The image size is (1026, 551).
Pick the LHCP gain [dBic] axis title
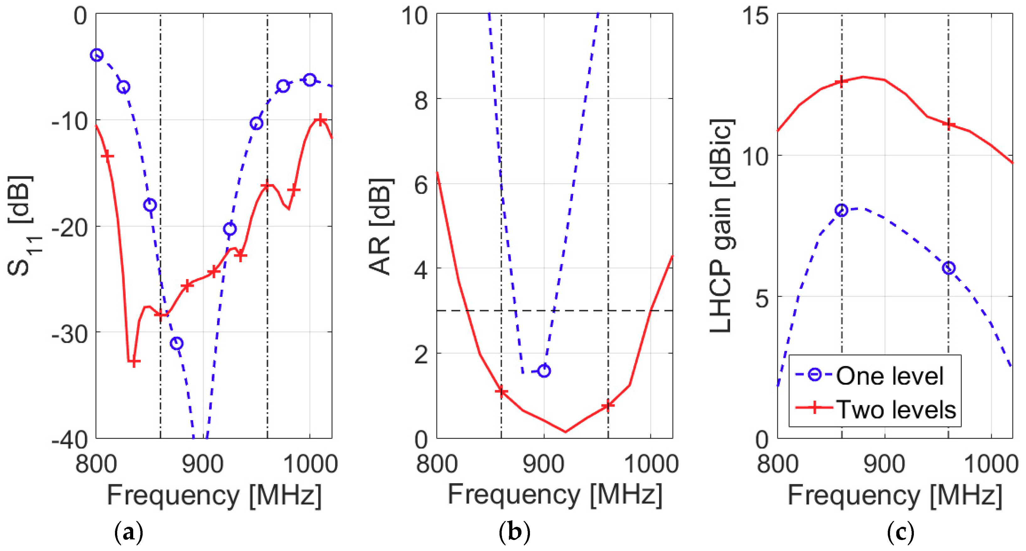tap(721, 226)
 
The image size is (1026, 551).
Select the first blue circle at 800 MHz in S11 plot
tap(97, 55)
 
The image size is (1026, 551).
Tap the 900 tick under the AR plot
tap(544, 465)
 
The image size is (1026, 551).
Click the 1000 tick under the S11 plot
tap(311, 465)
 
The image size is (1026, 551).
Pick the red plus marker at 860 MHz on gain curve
tap(841, 82)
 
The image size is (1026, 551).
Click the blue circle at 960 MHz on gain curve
tap(949, 268)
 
